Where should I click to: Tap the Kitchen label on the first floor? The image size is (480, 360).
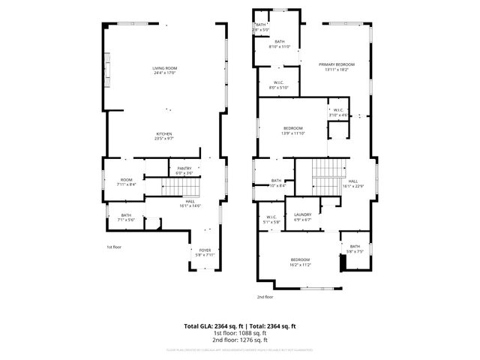pos(164,136)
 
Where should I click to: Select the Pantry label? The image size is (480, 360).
pos(184,170)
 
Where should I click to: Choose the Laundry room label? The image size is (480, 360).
pos(302,217)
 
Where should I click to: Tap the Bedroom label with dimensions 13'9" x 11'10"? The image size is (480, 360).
pos(292,130)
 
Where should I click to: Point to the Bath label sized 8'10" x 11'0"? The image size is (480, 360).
pos(279,44)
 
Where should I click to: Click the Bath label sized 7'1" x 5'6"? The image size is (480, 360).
pos(126,217)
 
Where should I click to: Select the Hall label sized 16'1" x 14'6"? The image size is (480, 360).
pos(190,203)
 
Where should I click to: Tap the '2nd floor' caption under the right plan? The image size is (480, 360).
pos(265,297)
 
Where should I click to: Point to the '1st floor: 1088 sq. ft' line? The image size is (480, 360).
pos(240,333)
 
